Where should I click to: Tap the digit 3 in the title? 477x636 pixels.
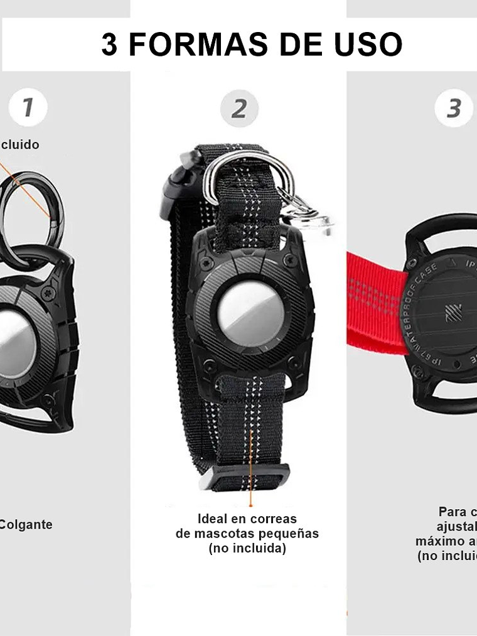pos(109,45)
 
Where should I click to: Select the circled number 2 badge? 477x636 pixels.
pos(239,109)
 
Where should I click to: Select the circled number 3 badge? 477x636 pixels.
pos(454,108)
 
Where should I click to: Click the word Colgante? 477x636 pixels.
pos(25,524)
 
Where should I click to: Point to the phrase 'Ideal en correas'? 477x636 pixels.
pos(247,519)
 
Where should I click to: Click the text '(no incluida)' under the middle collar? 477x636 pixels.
pos(247,548)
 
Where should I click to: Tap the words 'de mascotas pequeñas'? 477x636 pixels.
pos(247,534)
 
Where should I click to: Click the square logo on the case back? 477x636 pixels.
pos(453,312)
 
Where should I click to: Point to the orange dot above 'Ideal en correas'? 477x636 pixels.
pos(250,504)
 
